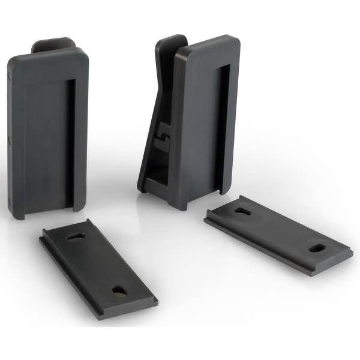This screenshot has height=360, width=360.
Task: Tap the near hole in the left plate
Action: coord(119,290)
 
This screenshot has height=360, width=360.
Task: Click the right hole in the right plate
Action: coord(316,247)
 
